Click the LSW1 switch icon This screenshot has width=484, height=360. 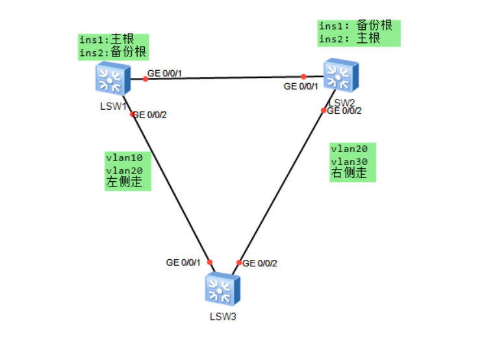(113, 78)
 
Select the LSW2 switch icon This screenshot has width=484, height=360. (341, 75)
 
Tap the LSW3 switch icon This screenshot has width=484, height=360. (223, 289)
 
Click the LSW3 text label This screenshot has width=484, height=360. (223, 316)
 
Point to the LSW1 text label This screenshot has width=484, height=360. (113, 106)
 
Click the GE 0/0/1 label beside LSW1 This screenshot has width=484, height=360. (164, 73)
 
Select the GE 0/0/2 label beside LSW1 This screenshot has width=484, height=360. (150, 115)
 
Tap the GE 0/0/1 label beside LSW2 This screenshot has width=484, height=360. (301, 86)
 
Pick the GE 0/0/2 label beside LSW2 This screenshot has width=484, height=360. (344, 111)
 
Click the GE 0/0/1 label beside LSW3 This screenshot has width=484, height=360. (183, 263)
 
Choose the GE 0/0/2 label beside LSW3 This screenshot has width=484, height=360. (260, 263)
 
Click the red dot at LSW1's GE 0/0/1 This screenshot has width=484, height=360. (146, 79)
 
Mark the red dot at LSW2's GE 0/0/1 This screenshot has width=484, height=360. (303, 77)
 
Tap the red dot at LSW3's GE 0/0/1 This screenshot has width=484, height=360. (210, 263)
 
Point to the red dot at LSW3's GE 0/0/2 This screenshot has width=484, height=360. (239, 263)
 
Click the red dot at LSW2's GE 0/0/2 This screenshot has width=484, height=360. (324, 110)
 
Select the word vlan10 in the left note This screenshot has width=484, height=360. (124, 158)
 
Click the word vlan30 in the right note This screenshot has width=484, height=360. (350, 162)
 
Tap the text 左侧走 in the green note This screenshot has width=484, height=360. (124, 182)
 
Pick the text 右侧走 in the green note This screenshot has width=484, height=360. (349, 173)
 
